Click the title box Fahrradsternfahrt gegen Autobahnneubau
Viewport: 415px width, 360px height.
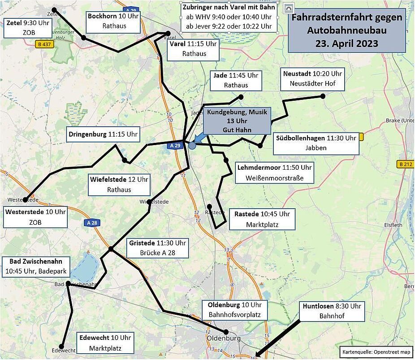[x=346, y=30]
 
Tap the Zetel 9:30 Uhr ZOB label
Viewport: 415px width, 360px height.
[x=26, y=28]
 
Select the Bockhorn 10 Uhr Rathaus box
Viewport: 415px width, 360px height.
[x=114, y=21]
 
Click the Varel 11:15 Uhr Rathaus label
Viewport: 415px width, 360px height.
[x=194, y=49]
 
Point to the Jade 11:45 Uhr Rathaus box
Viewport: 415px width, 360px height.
[x=236, y=80]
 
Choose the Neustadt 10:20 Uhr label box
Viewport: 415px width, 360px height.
[x=312, y=79]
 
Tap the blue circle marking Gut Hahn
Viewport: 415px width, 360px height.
[x=192, y=146]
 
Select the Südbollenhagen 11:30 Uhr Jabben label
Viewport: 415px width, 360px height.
[x=316, y=143]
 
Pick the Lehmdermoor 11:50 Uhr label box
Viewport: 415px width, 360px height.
[x=274, y=173]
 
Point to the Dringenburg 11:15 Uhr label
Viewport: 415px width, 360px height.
[x=103, y=134]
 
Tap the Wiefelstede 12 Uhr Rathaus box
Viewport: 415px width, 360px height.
[x=119, y=185]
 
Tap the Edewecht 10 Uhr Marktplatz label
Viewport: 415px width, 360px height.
[x=105, y=343]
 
